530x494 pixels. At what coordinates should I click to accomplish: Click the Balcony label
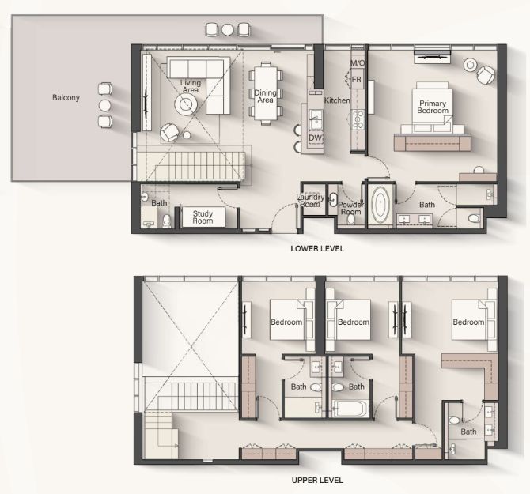click(66, 97)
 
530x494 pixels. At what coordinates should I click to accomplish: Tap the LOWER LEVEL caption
click(317, 249)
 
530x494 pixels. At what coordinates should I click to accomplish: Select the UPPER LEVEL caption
click(317, 480)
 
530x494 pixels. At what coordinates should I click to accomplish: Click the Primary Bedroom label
click(433, 107)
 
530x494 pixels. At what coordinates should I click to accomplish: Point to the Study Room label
click(203, 217)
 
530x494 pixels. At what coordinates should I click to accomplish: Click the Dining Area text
click(265, 96)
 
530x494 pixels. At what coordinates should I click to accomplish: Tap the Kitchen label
click(337, 100)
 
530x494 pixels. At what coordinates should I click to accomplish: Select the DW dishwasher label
click(315, 138)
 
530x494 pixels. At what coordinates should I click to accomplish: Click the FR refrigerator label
click(357, 80)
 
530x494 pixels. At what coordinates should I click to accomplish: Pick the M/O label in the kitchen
click(358, 62)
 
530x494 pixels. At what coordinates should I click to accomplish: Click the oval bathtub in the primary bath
click(380, 203)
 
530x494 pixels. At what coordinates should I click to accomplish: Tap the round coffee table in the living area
click(186, 104)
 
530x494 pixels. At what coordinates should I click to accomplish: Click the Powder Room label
click(351, 209)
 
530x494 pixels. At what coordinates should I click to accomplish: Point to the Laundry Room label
click(310, 201)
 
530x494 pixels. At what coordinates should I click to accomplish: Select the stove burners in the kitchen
click(358, 120)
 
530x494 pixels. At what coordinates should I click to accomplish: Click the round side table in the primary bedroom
click(470, 65)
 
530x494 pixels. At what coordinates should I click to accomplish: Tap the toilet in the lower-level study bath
click(167, 221)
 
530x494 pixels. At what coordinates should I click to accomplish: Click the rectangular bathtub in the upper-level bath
click(350, 409)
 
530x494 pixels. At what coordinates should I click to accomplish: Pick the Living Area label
click(191, 86)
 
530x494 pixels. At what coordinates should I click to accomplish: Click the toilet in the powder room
click(351, 219)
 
